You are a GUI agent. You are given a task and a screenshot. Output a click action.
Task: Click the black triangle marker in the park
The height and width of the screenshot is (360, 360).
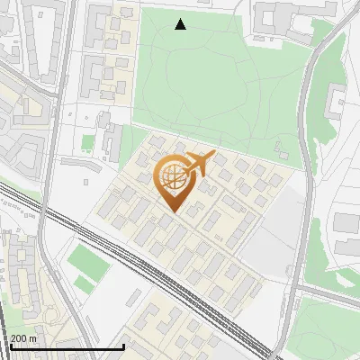tap(181, 24)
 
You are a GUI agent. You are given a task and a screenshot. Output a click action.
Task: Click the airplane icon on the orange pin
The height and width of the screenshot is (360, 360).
tap(198, 165)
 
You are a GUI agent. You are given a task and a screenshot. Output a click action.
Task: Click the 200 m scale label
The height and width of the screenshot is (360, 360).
tap(23, 337)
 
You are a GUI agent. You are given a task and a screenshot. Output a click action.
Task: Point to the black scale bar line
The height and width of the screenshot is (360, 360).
tap(63, 346)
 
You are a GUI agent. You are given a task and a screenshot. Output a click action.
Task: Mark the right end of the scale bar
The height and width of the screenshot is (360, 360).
tap(123, 346)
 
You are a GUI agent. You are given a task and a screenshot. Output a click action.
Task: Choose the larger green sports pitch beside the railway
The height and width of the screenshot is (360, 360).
tap(88, 261)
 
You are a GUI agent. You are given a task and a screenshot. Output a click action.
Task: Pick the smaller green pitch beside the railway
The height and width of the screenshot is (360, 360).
tap(84, 285)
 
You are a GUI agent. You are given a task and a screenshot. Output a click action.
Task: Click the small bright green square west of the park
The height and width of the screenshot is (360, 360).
tap(87, 142)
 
